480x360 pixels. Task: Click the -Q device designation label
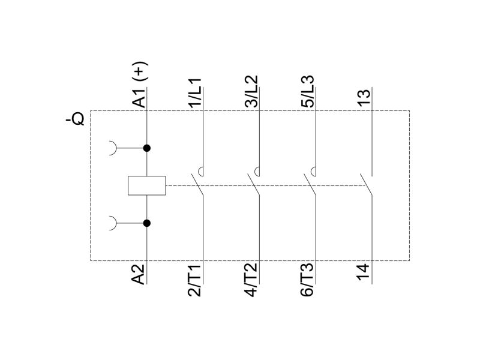click(x=76, y=119)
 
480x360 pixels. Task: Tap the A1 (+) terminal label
click(x=140, y=85)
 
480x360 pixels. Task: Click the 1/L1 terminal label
click(x=194, y=93)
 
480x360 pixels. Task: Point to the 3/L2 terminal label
click(x=251, y=91)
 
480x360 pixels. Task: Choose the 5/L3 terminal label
click(x=307, y=91)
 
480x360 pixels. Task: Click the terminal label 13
click(x=364, y=98)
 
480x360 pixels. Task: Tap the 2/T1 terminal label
click(x=194, y=280)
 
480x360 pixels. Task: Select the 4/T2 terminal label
click(x=251, y=280)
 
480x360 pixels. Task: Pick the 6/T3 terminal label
click(x=307, y=280)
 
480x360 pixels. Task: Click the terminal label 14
click(x=364, y=272)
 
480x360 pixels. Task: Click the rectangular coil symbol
click(x=147, y=185)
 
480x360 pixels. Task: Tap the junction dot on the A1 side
click(x=147, y=148)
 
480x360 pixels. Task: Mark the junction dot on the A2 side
click(x=147, y=223)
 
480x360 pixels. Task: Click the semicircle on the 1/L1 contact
click(x=200, y=172)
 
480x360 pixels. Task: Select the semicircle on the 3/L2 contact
click(x=257, y=172)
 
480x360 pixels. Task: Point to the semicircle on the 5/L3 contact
click(x=313, y=172)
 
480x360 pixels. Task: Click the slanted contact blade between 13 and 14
click(x=366, y=185)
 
